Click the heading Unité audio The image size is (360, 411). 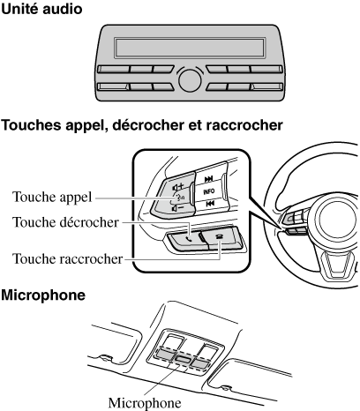41,9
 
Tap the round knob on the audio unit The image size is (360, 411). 190,80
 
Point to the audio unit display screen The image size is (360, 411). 190,48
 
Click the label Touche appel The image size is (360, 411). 52,198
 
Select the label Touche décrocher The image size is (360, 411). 65,222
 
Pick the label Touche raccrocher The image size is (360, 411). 67,259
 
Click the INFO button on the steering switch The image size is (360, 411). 209,191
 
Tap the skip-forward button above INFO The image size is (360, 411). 209,179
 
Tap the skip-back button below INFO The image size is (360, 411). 209,203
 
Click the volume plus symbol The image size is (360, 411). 178,187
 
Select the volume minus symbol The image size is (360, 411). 178,208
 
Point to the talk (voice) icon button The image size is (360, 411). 179,198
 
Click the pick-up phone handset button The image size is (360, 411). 188,239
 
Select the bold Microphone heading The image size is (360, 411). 43,295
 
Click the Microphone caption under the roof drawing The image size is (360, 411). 145,403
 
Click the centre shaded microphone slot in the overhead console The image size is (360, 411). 183,359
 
